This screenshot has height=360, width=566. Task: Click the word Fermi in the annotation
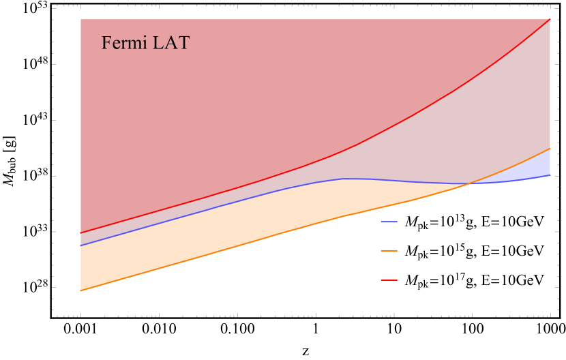(123, 43)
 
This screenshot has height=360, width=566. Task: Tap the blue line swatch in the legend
(389, 222)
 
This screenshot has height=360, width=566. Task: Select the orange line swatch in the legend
(389, 251)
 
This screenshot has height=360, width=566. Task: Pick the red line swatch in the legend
(389, 280)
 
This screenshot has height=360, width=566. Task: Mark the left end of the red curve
(80, 233)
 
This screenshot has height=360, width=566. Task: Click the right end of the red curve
(550, 18)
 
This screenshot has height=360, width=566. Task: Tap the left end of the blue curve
(80, 245)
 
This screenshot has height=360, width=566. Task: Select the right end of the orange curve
(550, 148)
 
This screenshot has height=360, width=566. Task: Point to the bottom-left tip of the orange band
(81, 290)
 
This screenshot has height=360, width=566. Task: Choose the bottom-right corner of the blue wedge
(550, 175)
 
